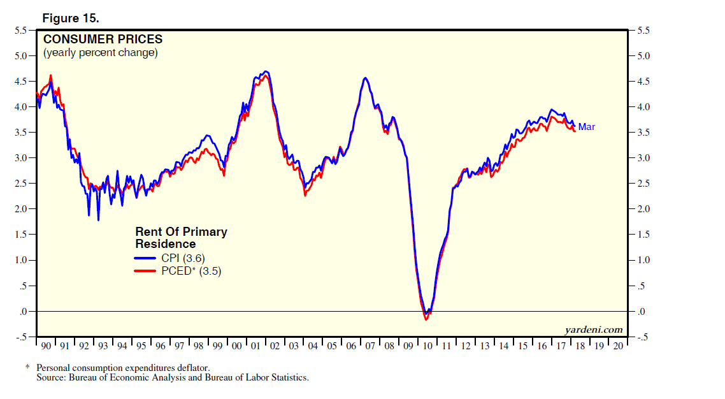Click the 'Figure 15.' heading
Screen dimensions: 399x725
click(70, 18)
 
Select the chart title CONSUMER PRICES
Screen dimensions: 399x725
click(103, 40)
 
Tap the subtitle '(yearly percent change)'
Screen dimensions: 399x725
click(100, 53)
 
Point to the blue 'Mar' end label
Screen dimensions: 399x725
click(586, 127)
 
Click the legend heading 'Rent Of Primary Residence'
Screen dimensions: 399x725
click(181, 238)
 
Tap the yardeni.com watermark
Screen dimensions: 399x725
click(593, 330)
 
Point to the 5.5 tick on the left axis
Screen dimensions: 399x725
click(21, 31)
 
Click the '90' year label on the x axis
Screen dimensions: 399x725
click(45, 346)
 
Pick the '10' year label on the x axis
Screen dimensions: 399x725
click(427, 346)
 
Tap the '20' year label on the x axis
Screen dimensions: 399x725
click(617, 346)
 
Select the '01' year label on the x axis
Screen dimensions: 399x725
click(255, 346)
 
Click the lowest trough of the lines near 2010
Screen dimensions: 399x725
click(426, 319)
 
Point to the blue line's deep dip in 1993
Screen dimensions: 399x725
click(98, 220)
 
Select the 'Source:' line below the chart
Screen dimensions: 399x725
click(172, 377)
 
